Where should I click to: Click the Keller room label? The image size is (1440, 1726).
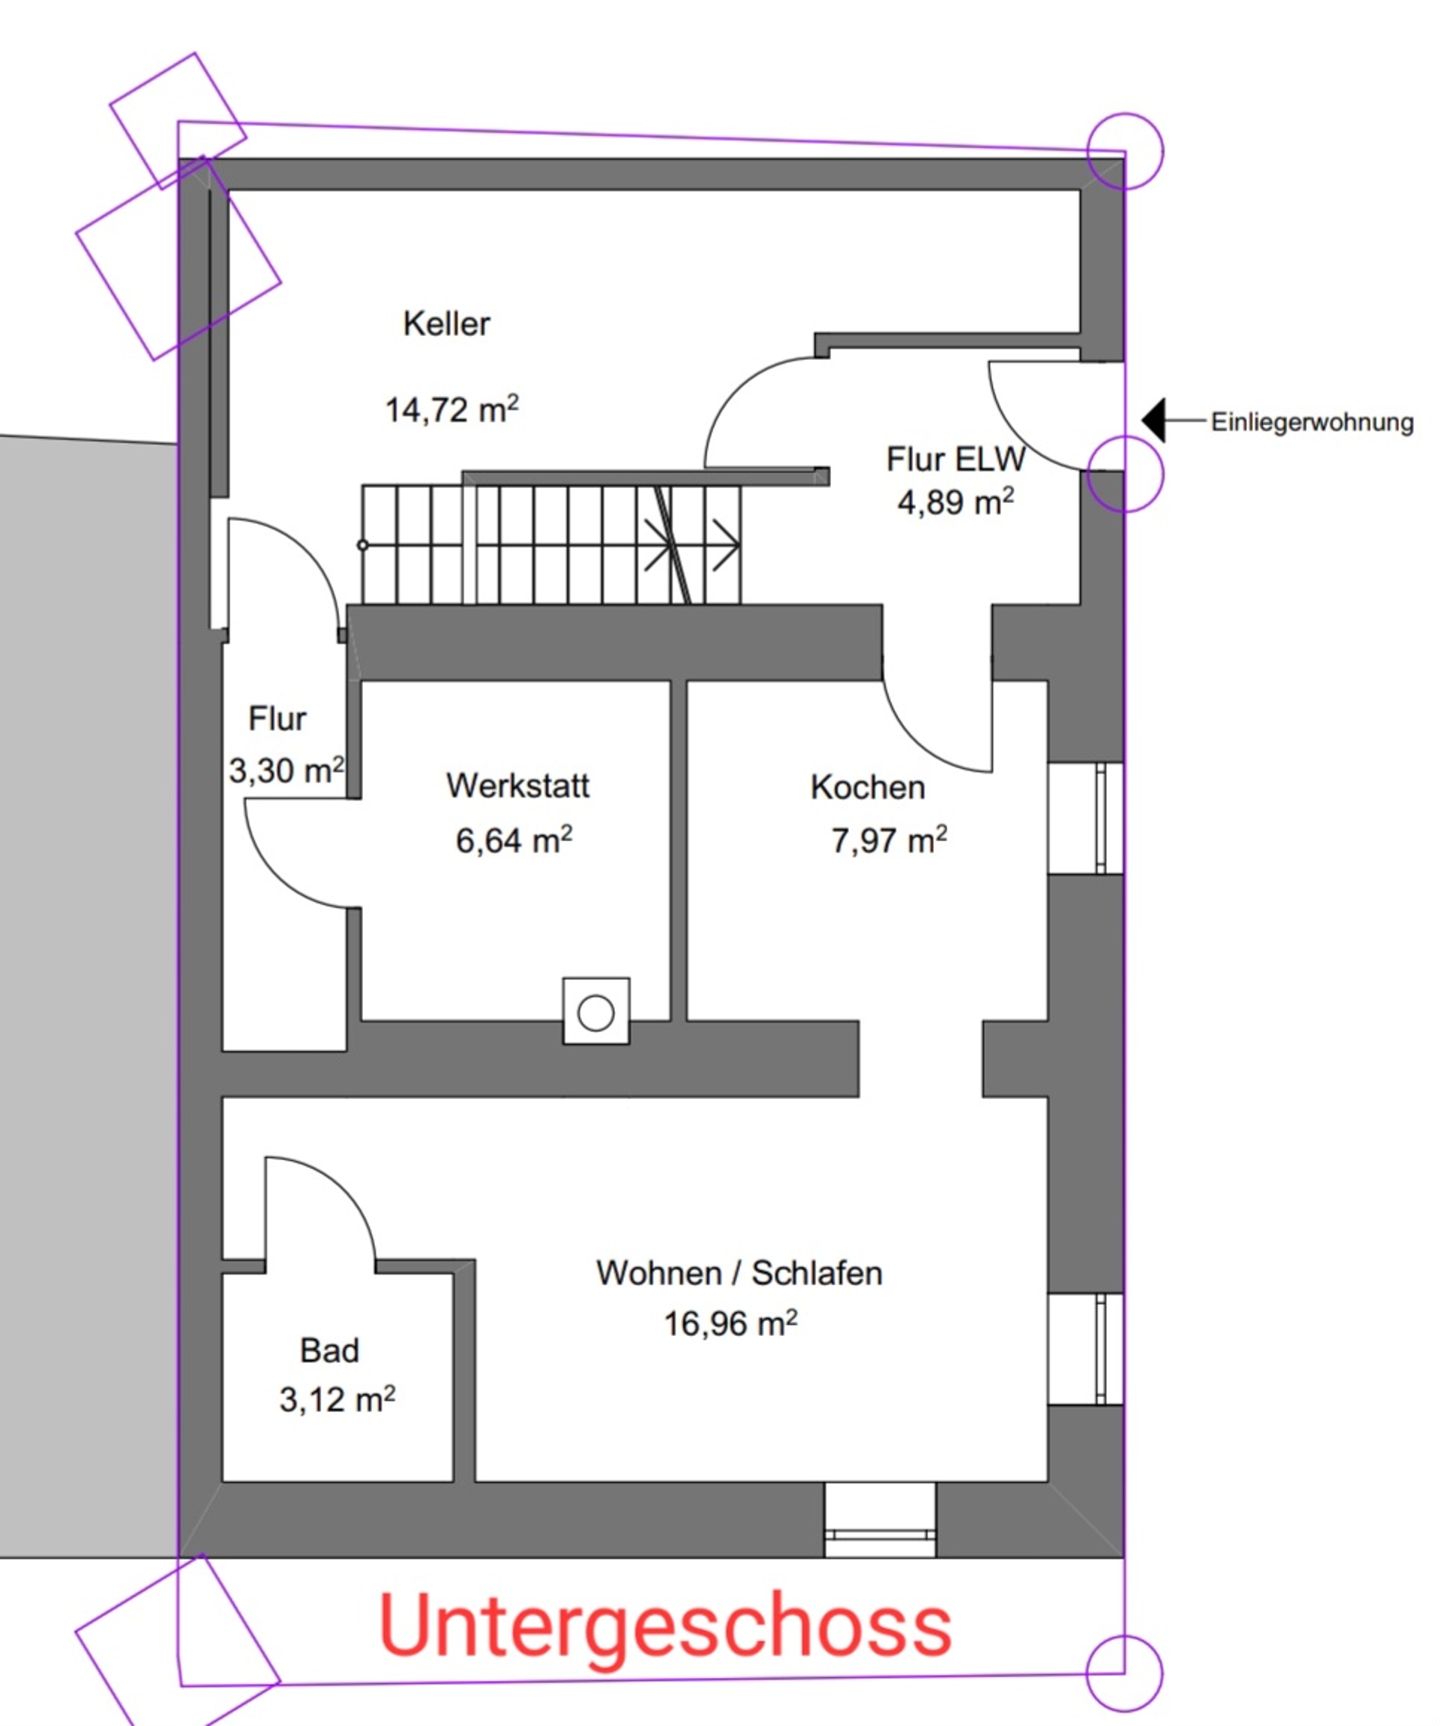pyautogui.click(x=446, y=324)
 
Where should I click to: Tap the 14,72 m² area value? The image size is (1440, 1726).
pyautogui.click(x=452, y=409)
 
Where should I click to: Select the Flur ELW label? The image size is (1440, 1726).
pyautogui.click(x=955, y=460)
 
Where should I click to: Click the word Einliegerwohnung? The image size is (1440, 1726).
pyautogui.click(x=1312, y=422)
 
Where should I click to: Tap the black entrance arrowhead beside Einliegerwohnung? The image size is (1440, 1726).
pyautogui.click(x=1154, y=420)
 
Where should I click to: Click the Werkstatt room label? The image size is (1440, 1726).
pyautogui.click(x=517, y=786)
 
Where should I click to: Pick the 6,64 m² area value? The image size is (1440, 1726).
pyautogui.click(x=514, y=840)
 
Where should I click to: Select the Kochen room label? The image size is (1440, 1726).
pyautogui.click(x=868, y=787)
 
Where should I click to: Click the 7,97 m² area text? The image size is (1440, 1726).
pyautogui.click(x=889, y=840)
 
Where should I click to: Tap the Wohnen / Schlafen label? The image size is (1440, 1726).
pyautogui.click(x=739, y=1273)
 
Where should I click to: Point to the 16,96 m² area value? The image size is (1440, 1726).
pyautogui.click(x=730, y=1323)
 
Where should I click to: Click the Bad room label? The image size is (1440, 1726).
pyautogui.click(x=329, y=1350)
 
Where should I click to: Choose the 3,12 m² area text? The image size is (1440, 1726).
pyautogui.click(x=337, y=1400)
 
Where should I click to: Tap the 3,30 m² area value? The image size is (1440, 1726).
pyautogui.click(x=286, y=770)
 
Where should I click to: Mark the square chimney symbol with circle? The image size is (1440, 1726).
pyautogui.click(x=596, y=1011)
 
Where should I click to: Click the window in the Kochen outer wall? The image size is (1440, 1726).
pyautogui.click(x=1086, y=818)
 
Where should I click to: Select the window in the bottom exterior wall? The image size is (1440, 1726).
pyautogui.click(x=880, y=1520)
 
